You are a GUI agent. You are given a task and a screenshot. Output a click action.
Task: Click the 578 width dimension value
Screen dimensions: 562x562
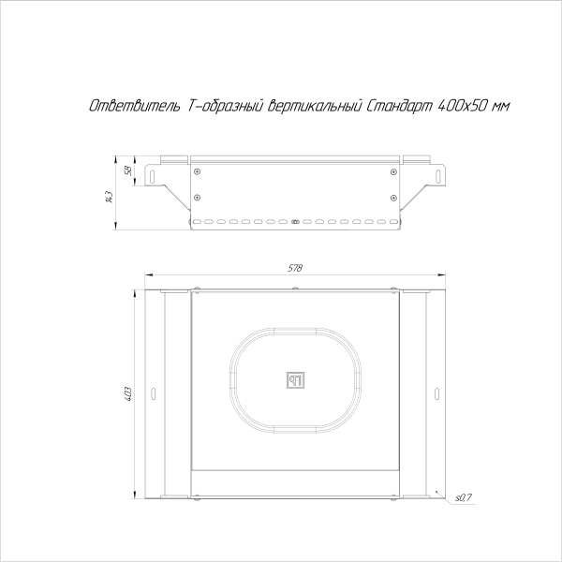[x=295, y=269]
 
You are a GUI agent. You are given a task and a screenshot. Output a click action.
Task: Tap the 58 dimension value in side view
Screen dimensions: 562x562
[x=126, y=170]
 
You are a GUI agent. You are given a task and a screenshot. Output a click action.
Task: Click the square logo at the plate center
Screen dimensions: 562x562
[x=295, y=379]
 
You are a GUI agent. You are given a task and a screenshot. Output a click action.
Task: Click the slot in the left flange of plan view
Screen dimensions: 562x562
[x=155, y=391]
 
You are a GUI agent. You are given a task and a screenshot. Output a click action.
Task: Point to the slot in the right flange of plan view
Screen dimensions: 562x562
[x=435, y=391]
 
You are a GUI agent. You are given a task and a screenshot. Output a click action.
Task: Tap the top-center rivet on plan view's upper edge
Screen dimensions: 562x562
[x=295, y=288]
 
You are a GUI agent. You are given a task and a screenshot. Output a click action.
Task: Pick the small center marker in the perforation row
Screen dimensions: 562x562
[x=295, y=223]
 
